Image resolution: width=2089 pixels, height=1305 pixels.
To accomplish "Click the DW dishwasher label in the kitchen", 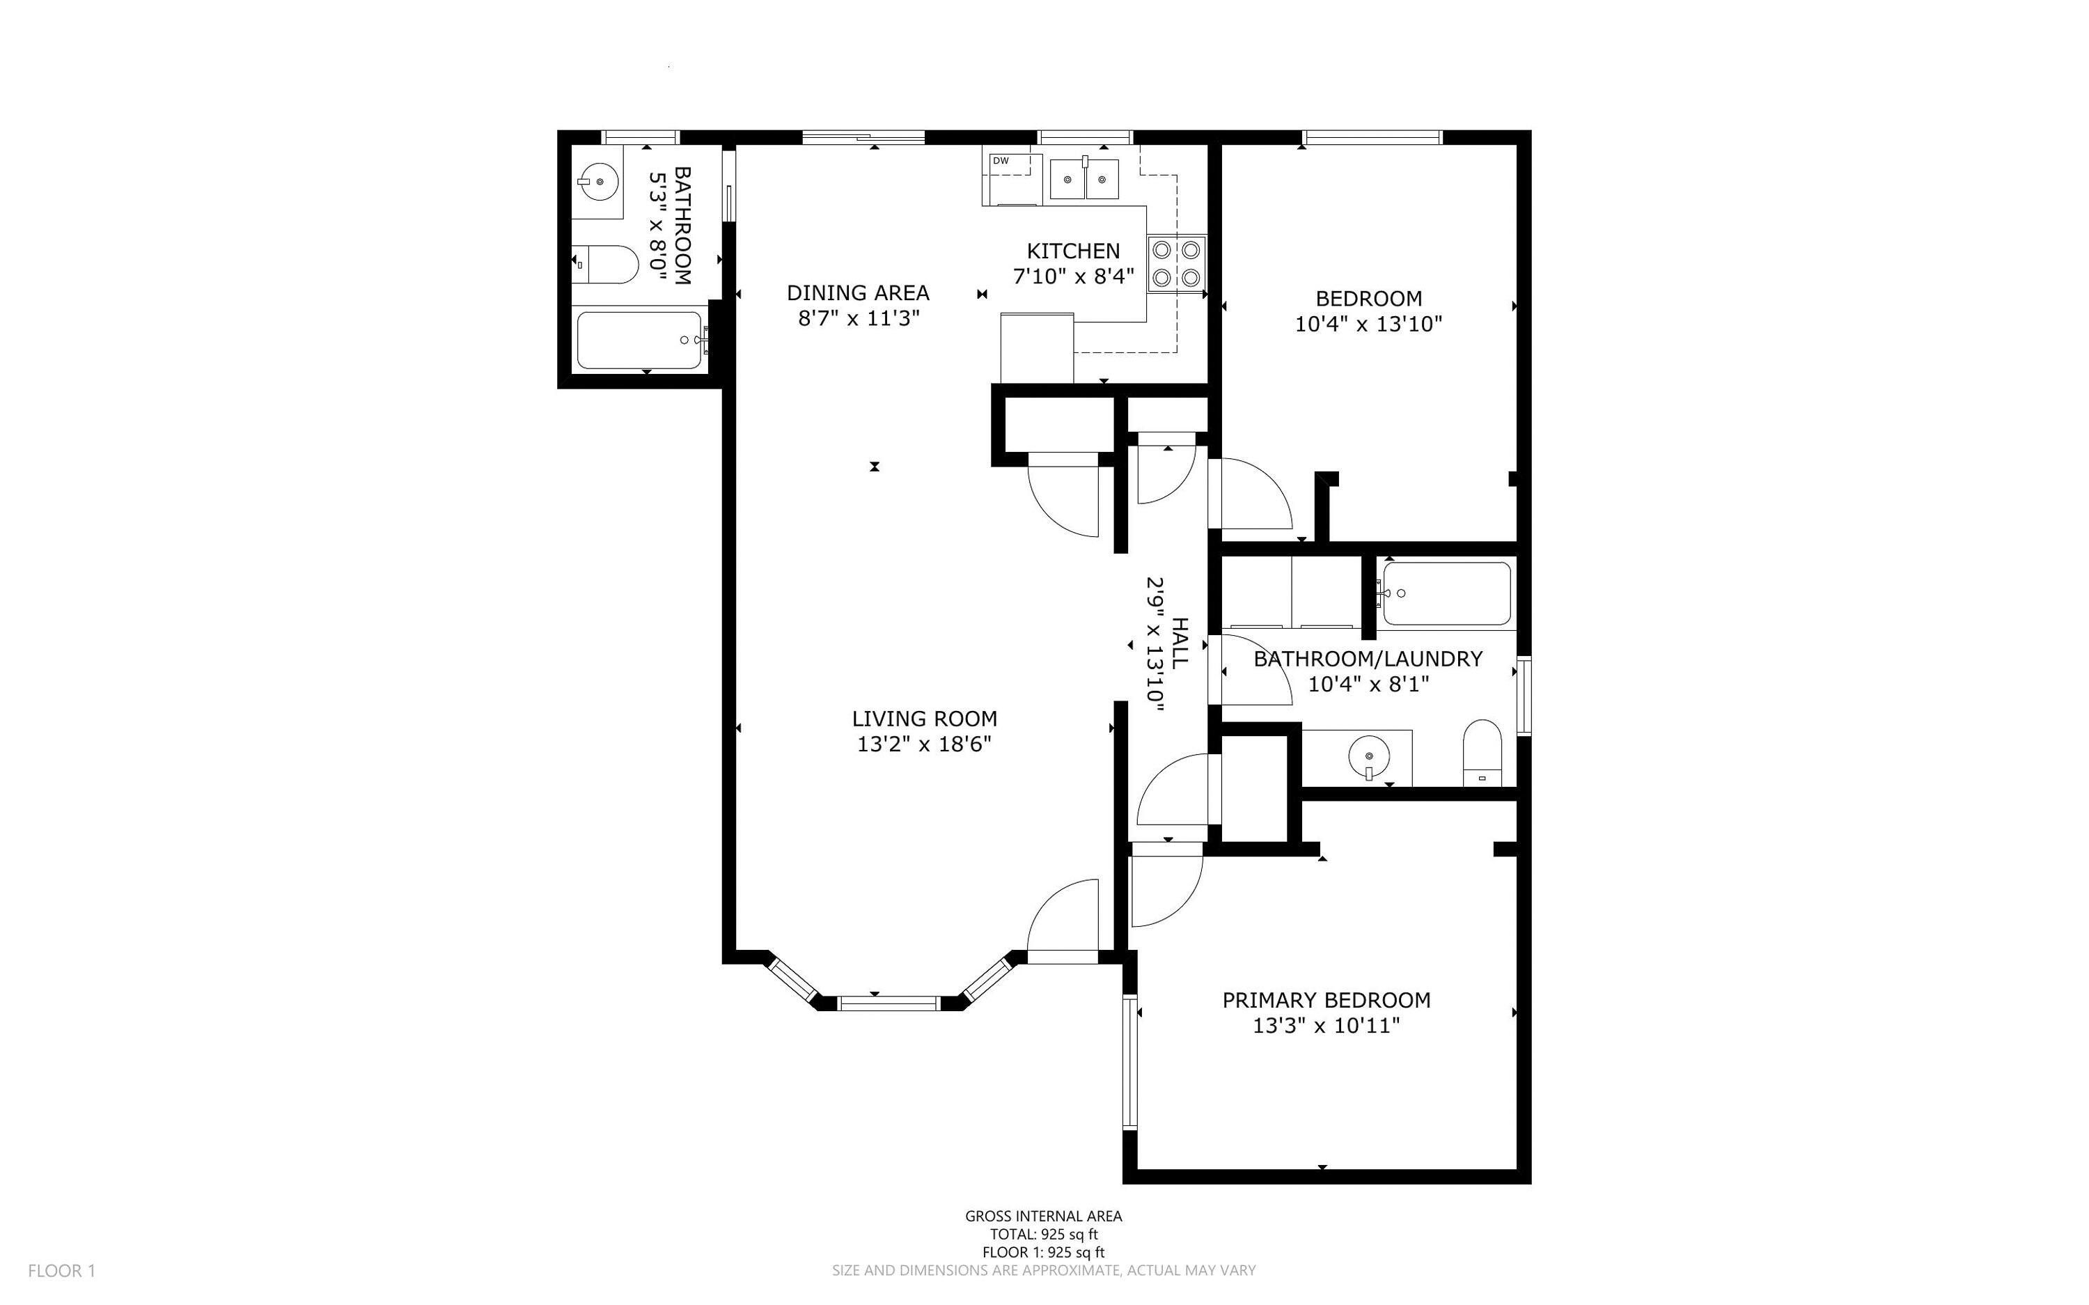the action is click(x=1001, y=161).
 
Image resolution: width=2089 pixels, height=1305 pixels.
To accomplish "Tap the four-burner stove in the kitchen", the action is click(x=1177, y=264).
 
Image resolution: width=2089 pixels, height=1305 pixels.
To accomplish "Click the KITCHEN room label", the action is click(x=1074, y=251).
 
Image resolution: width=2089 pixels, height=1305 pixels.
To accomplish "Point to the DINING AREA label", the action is click(x=858, y=292).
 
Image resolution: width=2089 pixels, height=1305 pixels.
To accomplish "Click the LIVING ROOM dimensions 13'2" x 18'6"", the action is click(x=924, y=744).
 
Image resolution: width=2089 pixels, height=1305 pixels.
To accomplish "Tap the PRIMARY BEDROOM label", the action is click(x=1327, y=1000).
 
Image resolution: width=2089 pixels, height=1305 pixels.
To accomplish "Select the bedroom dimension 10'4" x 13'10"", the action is click(x=1368, y=325).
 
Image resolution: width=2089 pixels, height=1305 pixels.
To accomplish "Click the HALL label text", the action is click(x=1180, y=642).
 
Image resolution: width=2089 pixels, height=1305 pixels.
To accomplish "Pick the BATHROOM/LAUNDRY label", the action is click(x=1368, y=659).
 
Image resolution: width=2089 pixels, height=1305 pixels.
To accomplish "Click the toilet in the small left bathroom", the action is click(x=606, y=264).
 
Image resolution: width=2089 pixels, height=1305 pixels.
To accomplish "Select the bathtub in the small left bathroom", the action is click(x=639, y=340).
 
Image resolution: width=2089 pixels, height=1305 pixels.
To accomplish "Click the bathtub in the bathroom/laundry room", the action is click(x=1447, y=594).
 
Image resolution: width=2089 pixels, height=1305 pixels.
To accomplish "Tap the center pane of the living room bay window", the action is click(x=888, y=1003).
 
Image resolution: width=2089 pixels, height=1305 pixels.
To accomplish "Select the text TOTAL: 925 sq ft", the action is click(x=1043, y=1234).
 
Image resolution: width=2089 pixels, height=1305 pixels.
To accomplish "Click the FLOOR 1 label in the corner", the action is click(x=61, y=1270).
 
